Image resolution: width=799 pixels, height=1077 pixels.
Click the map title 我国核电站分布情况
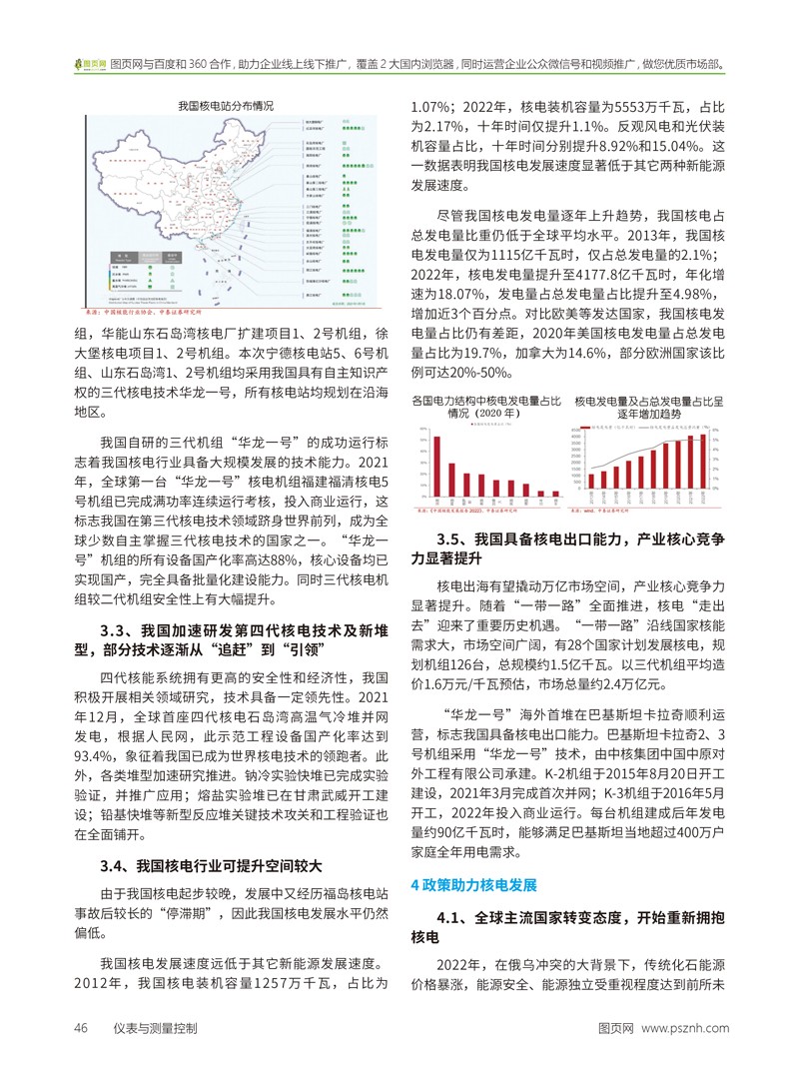click(x=227, y=104)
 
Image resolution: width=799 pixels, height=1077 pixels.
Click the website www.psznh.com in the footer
click(x=685, y=1027)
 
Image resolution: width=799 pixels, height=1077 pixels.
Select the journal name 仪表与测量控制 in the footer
click(x=155, y=1027)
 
